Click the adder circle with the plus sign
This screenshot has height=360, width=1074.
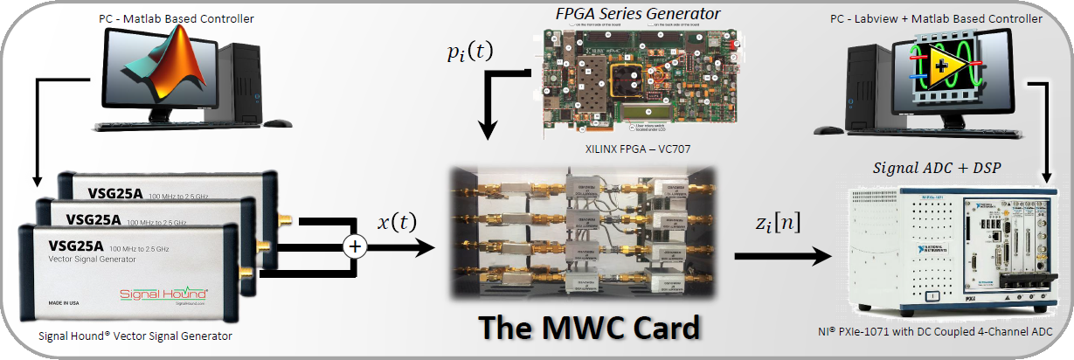tap(355, 246)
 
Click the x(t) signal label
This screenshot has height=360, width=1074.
tap(396, 221)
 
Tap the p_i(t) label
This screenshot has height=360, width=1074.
tap(468, 52)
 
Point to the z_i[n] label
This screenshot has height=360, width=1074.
tap(773, 223)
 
